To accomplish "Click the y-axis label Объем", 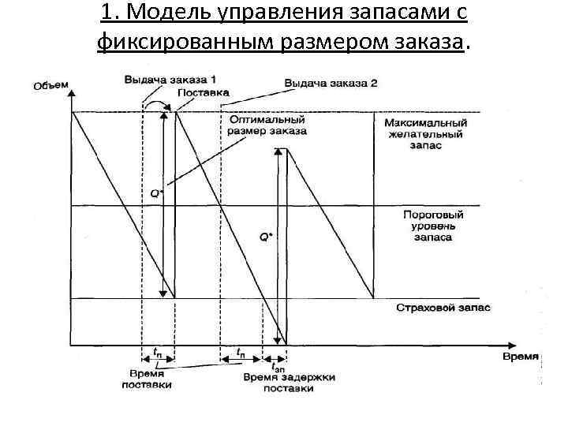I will pos(50,84).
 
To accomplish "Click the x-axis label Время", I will pos(520,357).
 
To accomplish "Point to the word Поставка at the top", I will pos(200,93).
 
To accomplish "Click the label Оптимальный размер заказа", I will pos(267,125).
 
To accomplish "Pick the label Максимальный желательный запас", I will pos(426,135).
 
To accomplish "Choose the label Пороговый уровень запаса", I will pos(433,226).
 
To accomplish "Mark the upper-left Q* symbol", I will pos(157,192).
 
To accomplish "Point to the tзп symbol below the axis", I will pos(278,367).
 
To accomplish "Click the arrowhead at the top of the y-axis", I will pos(72,92).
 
